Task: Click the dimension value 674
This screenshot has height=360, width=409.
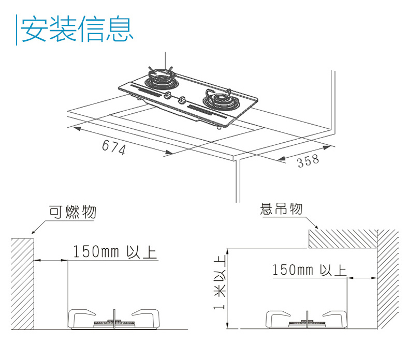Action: pos(113,147)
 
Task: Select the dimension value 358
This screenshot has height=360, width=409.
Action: pos(308,161)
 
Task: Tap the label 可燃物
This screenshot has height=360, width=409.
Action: pos(72,212)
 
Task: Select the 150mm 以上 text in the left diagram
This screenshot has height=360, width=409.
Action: pos(114,252)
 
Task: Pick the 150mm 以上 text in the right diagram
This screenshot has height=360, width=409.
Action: pos(309,269)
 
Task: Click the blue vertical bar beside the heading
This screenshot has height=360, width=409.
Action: pos(17,29)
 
